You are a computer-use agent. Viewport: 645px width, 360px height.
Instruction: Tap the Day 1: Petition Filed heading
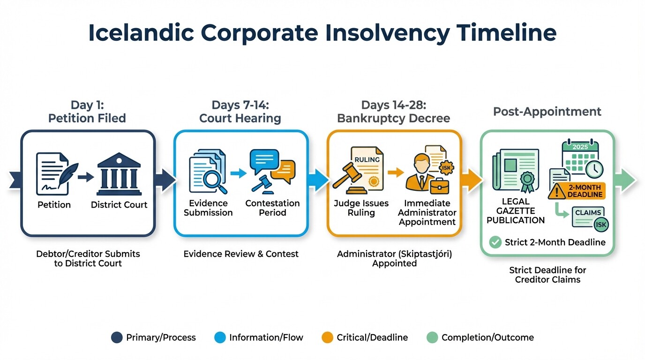(x=87, y=111)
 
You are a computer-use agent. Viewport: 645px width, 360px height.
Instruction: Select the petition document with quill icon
(x=55, y=172)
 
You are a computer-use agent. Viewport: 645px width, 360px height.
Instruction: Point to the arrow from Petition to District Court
(x=86, y=177)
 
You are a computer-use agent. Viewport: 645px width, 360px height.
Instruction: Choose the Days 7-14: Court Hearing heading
(x=240, y=111)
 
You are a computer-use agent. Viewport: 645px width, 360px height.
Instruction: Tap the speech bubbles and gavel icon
(x=272, y=170)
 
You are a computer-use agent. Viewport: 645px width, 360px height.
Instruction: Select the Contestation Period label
(x=272, y=208)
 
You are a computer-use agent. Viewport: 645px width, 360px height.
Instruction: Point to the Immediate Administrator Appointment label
(x=427, y=212)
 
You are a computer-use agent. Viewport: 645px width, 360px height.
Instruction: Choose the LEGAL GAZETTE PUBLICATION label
(x=515, y=211)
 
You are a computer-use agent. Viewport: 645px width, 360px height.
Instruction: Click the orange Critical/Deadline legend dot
(x=328, y=337)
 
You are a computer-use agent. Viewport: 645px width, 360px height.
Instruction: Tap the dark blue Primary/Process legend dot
(x=117, y=337)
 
